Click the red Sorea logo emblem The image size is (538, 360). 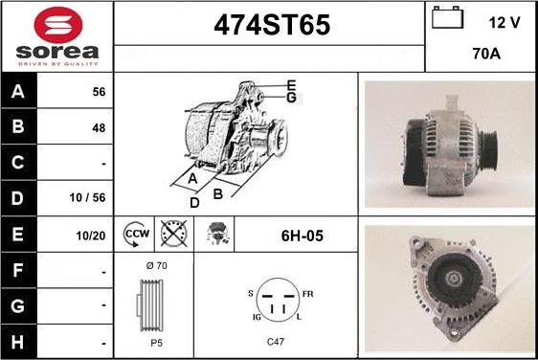click(58, 25)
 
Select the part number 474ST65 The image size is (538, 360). click(272, 25)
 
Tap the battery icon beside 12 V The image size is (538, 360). click(447, 17)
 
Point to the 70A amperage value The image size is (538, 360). click(486, 54)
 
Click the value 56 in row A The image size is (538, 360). click(99, 92)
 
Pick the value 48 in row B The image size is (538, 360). click(99, 128)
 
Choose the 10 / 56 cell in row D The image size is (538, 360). click(87, 197)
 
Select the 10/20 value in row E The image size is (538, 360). click(91, 236)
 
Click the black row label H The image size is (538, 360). click(18, 342)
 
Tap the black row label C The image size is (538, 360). click(18, 162)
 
